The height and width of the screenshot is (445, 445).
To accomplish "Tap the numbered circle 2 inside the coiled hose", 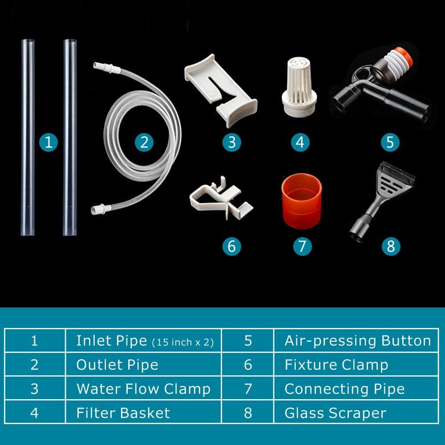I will (x=144, y=142).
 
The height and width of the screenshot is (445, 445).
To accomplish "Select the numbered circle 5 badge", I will (x=390, y=142).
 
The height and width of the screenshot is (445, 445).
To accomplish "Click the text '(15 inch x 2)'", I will (x=183, y=342).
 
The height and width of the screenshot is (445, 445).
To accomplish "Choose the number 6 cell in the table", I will (x=248, y=365).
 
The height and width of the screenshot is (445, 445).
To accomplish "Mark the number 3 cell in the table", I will (x=35, y=389).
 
